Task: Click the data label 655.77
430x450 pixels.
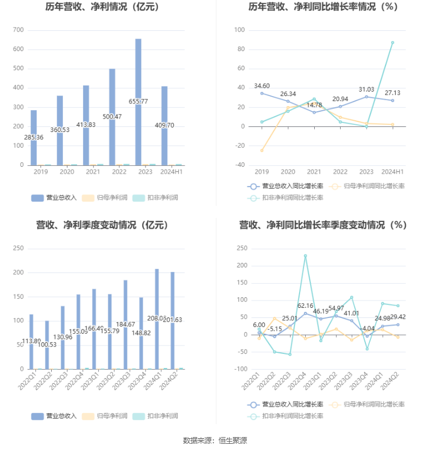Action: [138, 101]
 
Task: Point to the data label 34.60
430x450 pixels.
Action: [262, 86]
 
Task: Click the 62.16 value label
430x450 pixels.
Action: [305, 306]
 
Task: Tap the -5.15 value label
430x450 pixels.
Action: [274, 329]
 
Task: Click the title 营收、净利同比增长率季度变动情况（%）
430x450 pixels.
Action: [323, 225]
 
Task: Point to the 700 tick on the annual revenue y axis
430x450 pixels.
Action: [18, 30]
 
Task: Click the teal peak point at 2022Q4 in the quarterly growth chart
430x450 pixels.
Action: [305, 256]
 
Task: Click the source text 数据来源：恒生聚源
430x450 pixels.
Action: [215, 440]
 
